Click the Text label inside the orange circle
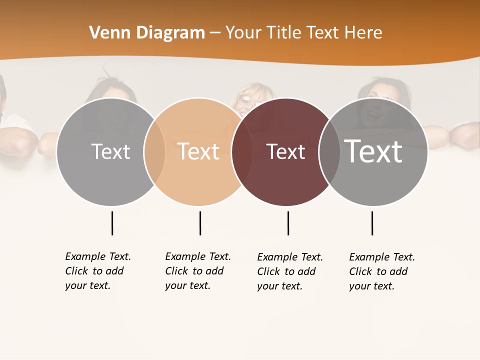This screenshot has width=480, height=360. (x=198, y=151)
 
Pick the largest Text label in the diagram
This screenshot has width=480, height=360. (x=373, y=151)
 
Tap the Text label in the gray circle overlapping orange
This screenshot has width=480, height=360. (x=110, y=151)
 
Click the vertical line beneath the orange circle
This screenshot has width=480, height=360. (x=200, y=223)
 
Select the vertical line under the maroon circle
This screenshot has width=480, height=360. (x=288, y=223)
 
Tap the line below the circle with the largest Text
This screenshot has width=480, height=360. (x=372, y=223)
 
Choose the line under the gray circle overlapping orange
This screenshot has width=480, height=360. (x=112, y=223)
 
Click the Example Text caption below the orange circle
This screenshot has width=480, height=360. (x=198, y=271)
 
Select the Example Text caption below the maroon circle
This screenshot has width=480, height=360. (x=290, y=271)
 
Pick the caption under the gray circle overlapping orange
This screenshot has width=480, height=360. (x=98, y=271)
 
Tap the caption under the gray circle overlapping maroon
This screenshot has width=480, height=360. (x=382, y=271)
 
